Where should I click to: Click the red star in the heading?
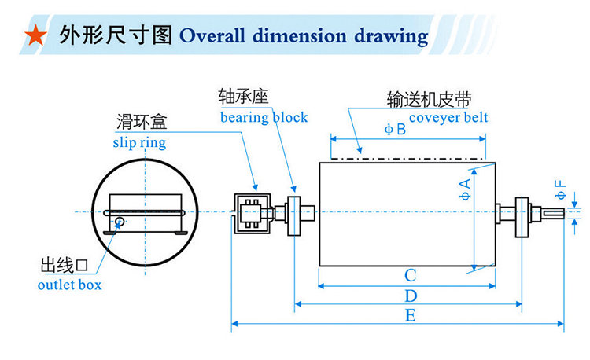pyautogui.click(x=34, y=36)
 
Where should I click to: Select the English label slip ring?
pyautogui.click(x=139, y=143)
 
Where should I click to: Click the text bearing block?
pyautogui.click(x=264, y=118)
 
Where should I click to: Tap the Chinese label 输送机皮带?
pyautogui.click(x=429, y=100)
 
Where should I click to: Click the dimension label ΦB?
pyautogui.click(x=396, y=130)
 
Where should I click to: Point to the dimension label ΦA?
pyautogui.click(x=466, y=189)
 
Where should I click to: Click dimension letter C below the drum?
pyautogui.click(x=410, y=276)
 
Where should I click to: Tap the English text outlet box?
pyautogui.click(x=70, y=284)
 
